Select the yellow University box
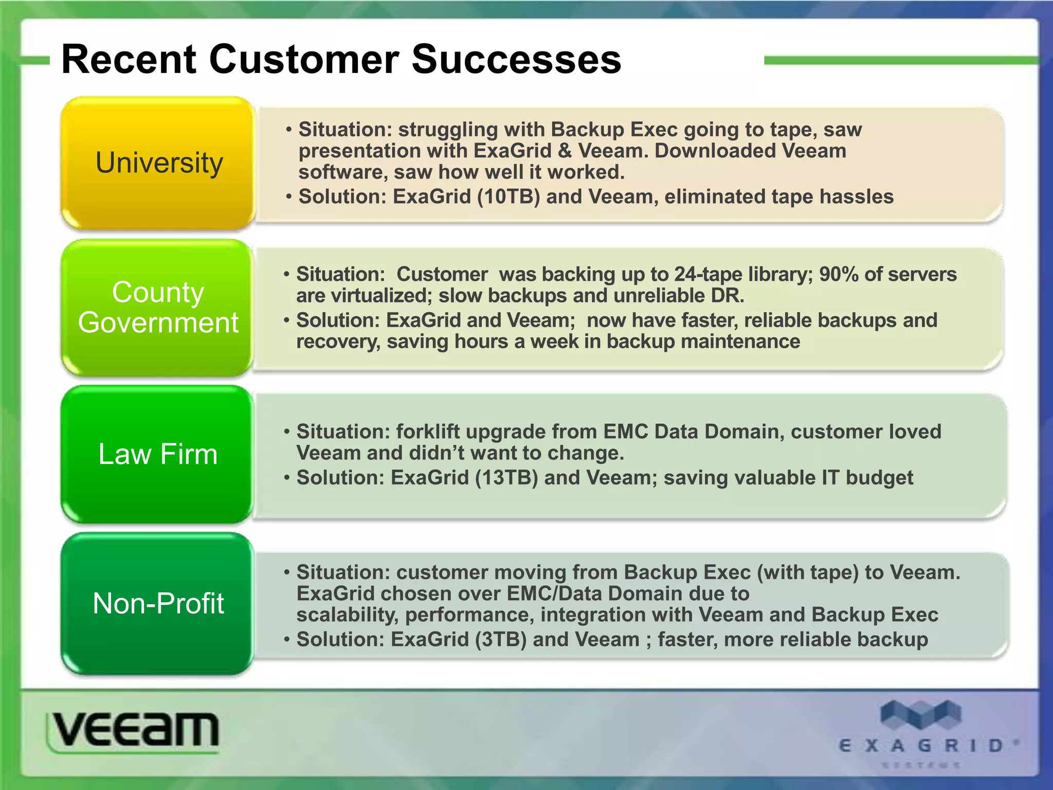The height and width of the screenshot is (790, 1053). coord(158,163)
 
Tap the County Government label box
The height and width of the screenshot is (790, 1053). coord(158,308)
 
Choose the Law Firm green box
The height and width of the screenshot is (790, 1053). coord(158,454)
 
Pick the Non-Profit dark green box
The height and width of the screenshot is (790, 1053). coord(158,603)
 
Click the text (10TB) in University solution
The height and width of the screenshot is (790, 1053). coord(508,197)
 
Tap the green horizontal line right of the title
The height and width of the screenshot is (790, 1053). coord(900,61)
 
